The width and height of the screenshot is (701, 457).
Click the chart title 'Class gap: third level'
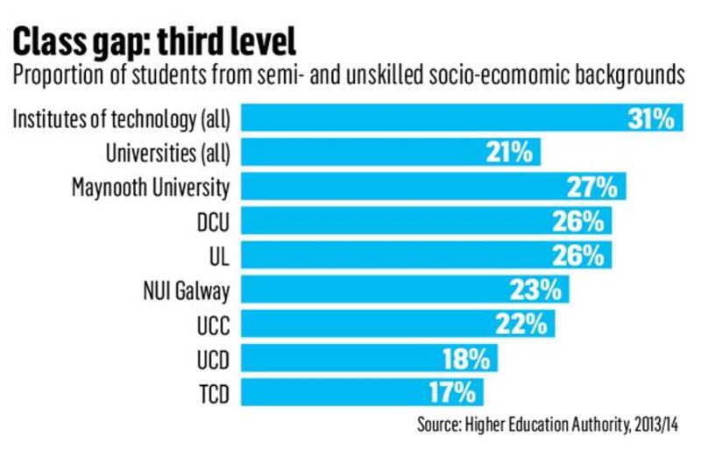click(153, 41)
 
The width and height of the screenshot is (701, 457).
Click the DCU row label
click(213, 221)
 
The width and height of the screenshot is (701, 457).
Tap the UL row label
click(219, 255)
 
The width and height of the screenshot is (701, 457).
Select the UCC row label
click(213, 324)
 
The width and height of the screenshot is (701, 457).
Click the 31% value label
click(653, 118)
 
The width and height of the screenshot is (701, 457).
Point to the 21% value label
click(509, 152)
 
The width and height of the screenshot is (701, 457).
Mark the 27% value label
click(595, 186)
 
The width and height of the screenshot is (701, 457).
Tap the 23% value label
click(537, 289)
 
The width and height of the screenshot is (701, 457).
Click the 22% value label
click(523, 324)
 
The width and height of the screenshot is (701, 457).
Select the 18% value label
click(466, 358)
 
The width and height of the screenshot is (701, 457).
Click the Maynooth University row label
click(151, 186)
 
